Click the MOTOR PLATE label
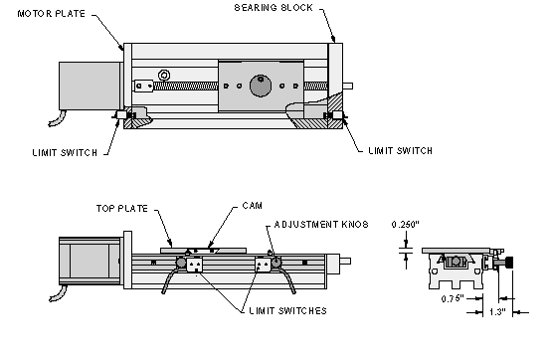coord(51,14)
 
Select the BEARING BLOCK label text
coord(274,8)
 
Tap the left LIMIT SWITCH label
coord(65,152)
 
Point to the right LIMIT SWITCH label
coord(400,150)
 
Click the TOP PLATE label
coord(122,209)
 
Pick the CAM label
coord(253,206)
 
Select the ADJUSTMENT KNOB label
coord(321,224)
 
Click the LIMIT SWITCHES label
coord(287,311)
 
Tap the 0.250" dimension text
coord(406,225)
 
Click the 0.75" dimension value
coord(453,298)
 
